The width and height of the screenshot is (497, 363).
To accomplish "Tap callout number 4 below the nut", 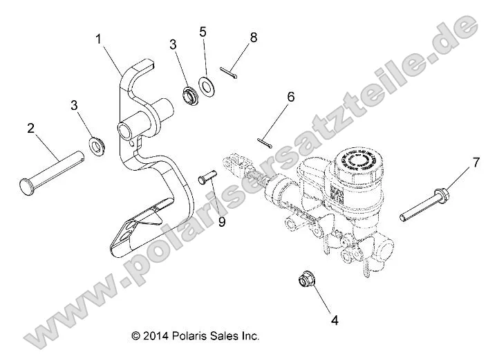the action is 335,320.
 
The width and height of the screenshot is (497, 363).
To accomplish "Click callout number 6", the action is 290,97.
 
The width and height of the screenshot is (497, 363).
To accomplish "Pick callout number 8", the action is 254,37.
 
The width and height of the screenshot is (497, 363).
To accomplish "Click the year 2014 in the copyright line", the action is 158,336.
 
